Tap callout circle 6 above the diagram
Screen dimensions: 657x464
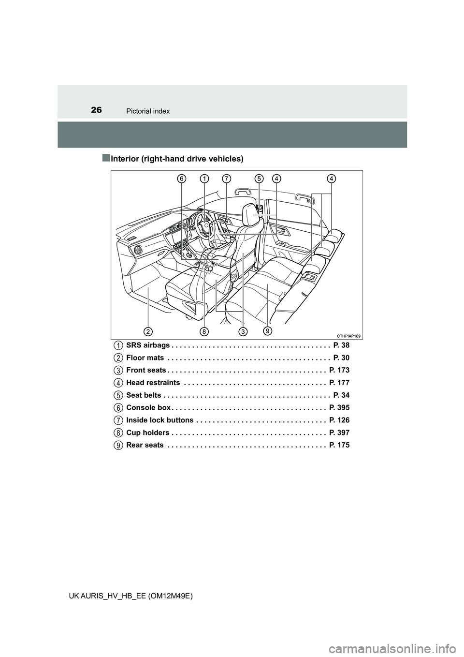point(182,179)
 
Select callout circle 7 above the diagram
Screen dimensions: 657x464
point(226,179)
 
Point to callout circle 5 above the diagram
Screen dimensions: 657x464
point(259,179)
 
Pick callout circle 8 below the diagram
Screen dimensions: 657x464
point(205,331)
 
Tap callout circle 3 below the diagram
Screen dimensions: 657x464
point(242,331)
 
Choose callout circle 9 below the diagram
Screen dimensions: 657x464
point(267,331)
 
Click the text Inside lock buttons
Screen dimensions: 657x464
point(159,420)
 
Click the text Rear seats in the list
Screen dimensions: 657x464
point(145,445)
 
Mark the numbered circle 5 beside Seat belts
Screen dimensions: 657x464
point(118,395)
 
